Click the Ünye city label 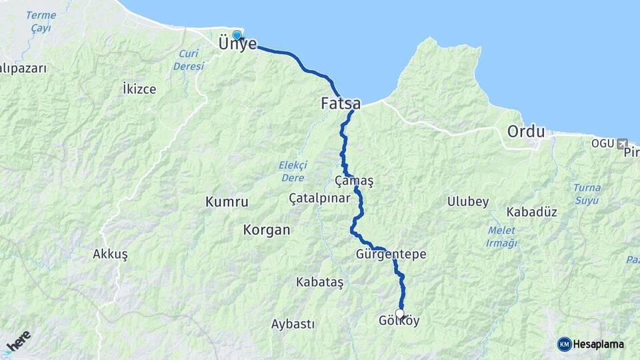(237, 44)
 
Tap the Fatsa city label (341, 104)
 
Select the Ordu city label (526, 131)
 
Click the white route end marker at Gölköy (400, 313)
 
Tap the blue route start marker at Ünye (237, 35)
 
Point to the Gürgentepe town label (391, 255)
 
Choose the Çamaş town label (354, 181)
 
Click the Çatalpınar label (320, 198)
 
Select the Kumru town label (227, 201)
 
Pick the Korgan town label (267, 230)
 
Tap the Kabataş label (319, 283)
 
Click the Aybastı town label (293, 324)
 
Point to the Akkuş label (110, 254)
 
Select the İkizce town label (139, 88)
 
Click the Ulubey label (468, 201)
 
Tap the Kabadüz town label (531, 212)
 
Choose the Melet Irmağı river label (502, 237)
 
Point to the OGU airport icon (623, 143)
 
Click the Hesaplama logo (591, 344)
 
